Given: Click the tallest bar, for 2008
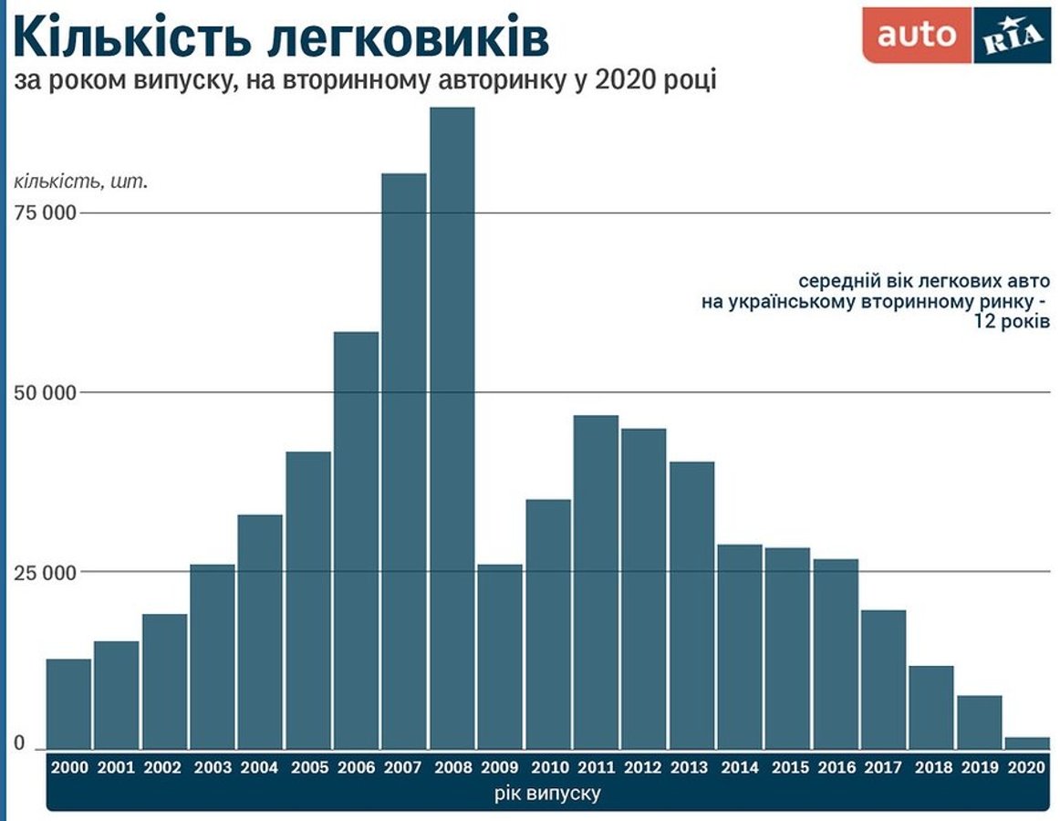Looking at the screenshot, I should click(452, 429).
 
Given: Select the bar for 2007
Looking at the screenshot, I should click(404, 462).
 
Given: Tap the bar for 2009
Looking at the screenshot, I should click(500, 657).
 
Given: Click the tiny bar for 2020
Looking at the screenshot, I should click(1026, 743).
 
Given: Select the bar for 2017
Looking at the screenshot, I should click(883, 680).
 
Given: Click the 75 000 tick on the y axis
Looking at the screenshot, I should click(47, 213).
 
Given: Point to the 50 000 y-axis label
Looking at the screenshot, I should click(47, 393).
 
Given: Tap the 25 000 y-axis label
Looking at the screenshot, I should click(47, 573).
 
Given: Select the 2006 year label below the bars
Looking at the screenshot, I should click(356, 768).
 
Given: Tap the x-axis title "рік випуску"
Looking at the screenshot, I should click(547, 793).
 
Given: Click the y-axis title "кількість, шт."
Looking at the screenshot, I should click(80, 182).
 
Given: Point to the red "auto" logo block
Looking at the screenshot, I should click(916, 35).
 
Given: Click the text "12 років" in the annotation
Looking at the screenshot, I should click(1012, 322).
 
